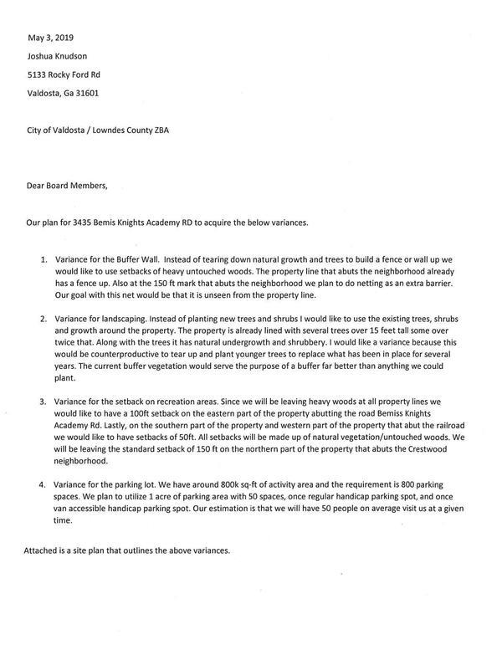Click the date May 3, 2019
50,38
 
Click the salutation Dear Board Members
67,186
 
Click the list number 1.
42,261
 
